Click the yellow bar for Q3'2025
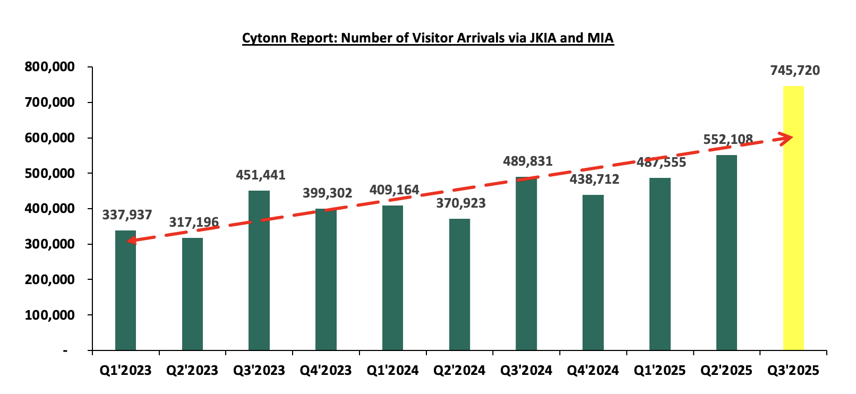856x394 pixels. click(793, 218)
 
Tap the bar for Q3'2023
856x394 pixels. click(259, 270)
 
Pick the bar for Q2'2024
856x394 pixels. click(459, 285)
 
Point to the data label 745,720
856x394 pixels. click(795, 71)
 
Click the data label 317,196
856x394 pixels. click(194, 222)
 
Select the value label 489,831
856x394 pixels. click(528, 161)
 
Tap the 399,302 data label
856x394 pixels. click(327, 193)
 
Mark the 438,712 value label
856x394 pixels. click(594, 179)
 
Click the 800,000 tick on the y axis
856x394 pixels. click(49, 67)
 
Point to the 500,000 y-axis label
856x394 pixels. click(49, 174)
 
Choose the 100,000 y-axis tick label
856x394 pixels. click(49, 315)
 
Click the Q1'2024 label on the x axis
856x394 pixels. click(392, 371)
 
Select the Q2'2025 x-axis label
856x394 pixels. click(726, 371)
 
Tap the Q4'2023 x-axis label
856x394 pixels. click(326, 371)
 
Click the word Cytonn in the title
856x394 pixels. click(263, 39)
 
